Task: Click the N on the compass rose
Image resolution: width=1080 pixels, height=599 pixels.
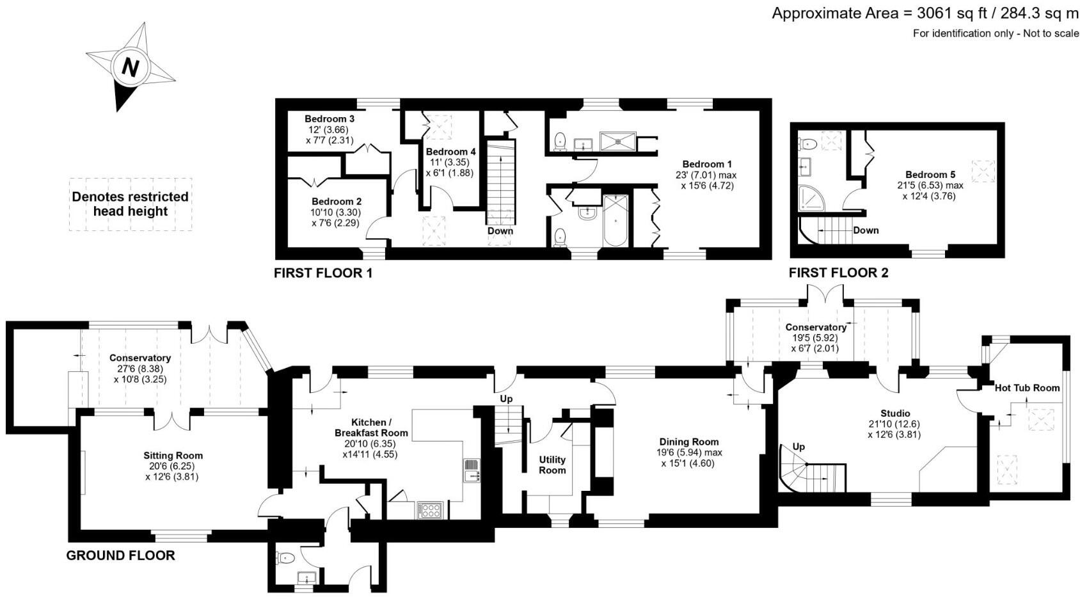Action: [x=131, y=67]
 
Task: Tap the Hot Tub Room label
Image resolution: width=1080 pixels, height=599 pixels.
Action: [x=1027, y=388]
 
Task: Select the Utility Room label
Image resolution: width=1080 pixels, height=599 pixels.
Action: [x=552, y=465]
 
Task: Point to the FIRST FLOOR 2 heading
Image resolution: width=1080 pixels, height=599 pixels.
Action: [x=838, y=273]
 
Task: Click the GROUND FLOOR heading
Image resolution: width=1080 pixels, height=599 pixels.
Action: [x=120, y=555]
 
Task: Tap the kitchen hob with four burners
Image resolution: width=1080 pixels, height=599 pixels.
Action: [x=429, y=510]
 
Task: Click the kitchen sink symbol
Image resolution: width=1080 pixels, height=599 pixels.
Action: [x=472, y=470]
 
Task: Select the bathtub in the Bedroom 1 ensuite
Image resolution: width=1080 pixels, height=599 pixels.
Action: [x=616, y=221]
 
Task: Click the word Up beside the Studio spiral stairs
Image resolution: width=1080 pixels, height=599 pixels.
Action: [x=798, y=447]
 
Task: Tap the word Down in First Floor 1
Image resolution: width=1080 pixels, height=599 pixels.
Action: [x=500, y=231]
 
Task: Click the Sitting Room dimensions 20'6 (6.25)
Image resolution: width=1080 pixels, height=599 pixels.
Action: [x=173, y=466]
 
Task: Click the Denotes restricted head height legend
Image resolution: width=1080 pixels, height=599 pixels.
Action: [x=131, y=204]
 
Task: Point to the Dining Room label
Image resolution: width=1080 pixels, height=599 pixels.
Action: [x=689, y=442]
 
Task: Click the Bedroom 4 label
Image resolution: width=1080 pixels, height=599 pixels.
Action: [x=450, y=152]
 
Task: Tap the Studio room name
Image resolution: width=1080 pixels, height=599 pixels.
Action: [x=894, y=413]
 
